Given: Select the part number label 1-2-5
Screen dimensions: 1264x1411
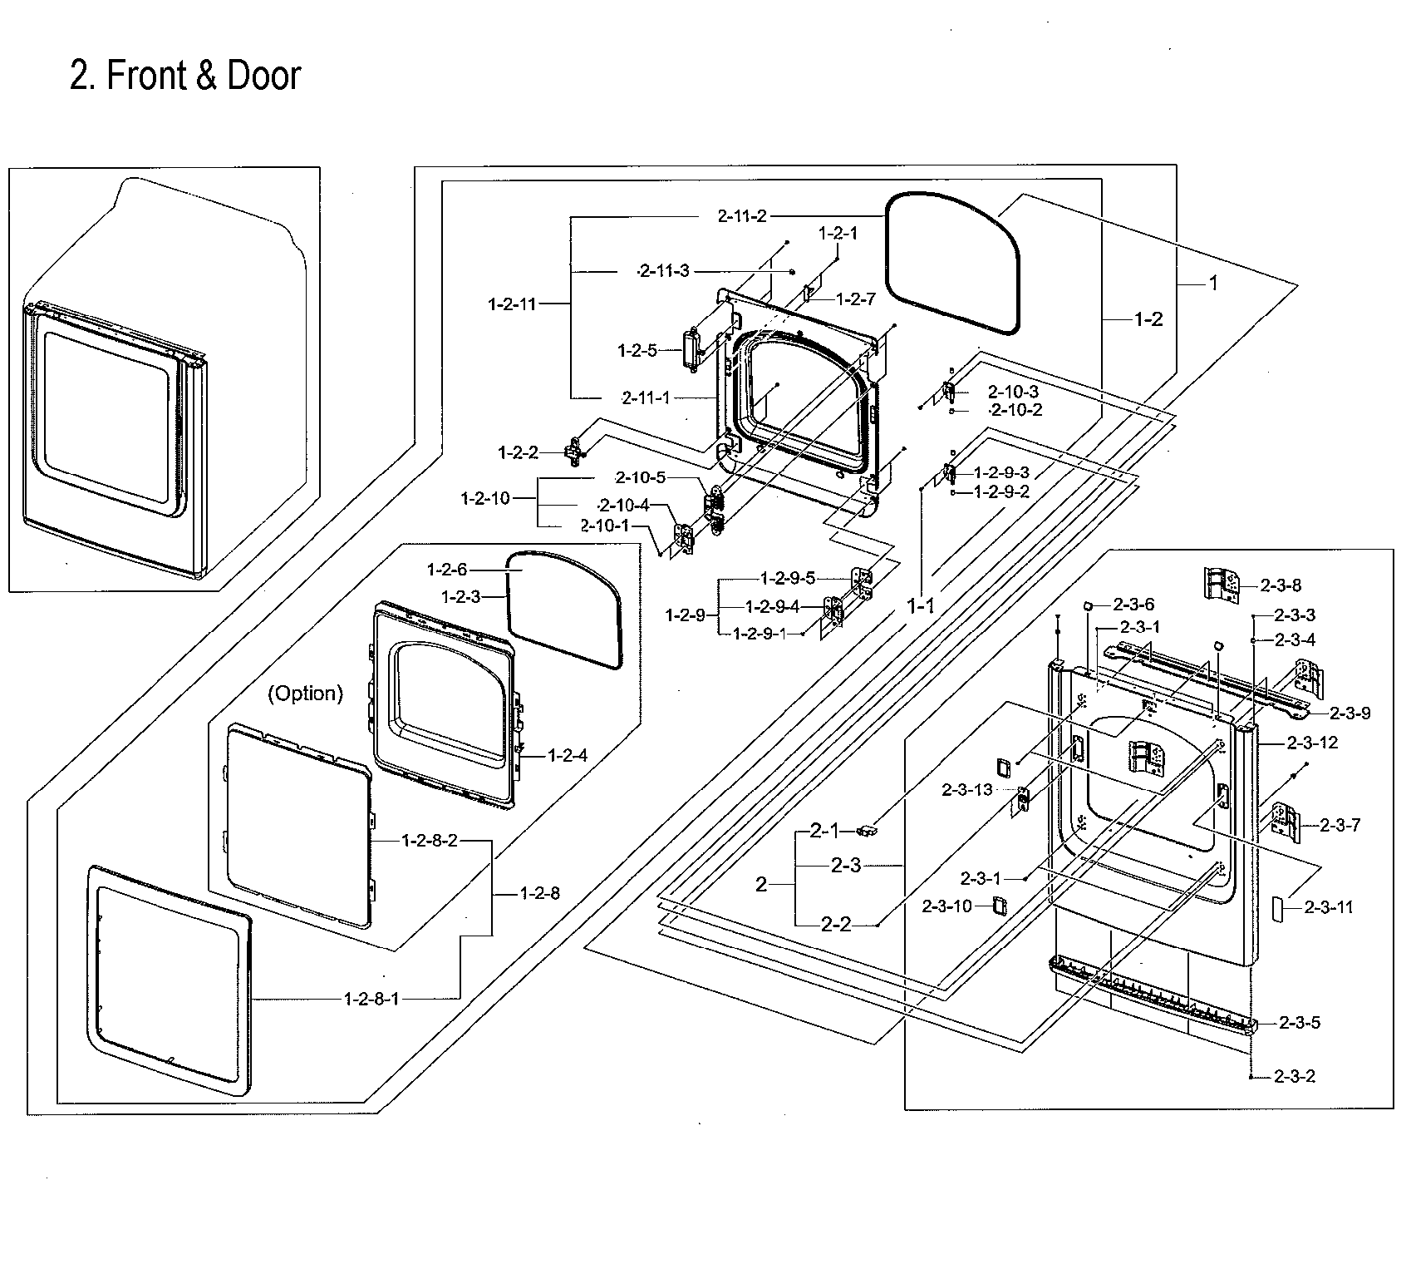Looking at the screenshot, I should click(x=637, y=351).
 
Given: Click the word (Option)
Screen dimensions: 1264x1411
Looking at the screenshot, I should click(x=305, y=694).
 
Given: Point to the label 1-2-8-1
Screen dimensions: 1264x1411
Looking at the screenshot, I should click(x=371, y=999).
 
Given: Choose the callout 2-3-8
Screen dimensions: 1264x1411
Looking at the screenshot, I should click(x=1281, y=585).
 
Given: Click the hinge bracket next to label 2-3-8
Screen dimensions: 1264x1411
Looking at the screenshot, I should click(x=1222, y=585).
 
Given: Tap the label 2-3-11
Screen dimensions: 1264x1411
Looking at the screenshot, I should click(x=1328, y=907).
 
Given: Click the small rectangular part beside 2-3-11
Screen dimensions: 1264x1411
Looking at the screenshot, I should click(x=1277, y=907).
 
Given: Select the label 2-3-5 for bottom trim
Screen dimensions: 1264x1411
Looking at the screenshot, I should click(x=1300, y=1023).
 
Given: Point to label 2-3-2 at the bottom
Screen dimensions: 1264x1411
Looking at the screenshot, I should click(x=1295, y=1076).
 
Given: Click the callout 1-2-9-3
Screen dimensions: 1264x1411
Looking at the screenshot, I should click(x=1001, y=472).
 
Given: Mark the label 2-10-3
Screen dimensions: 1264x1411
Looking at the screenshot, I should click(x=1013, y=392).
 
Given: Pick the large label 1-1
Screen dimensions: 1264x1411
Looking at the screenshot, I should click(x=920, y=607).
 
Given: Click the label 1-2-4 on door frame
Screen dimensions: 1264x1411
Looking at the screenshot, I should click(x=568, y=755).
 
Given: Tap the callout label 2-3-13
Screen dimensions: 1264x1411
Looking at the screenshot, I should click(x=967, y=790).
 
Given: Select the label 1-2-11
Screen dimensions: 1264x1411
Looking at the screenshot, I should click(x=512, y=304).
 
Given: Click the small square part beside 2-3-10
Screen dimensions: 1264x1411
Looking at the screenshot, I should click(x=1000, y=906).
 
